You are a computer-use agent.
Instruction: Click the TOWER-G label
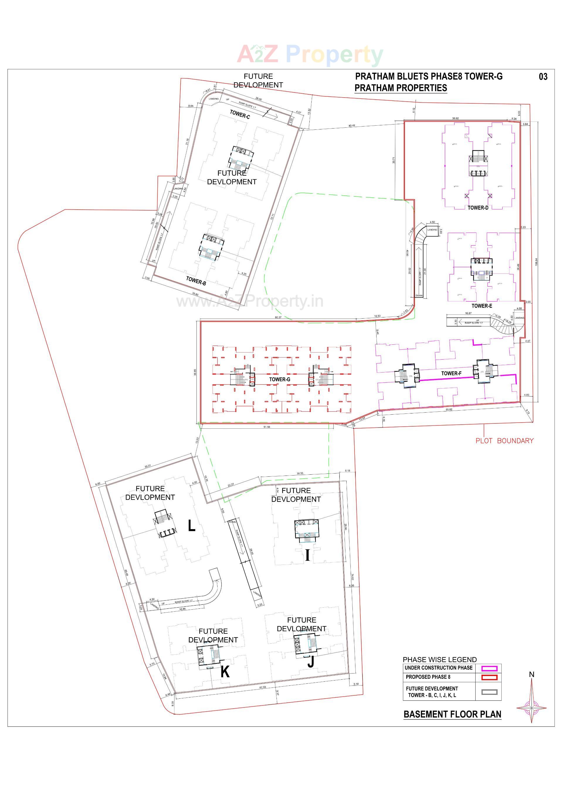[279, 379]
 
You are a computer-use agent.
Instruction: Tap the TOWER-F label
[451, 373]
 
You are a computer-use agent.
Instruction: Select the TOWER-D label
[478, 208]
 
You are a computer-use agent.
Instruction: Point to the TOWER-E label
[481, 306]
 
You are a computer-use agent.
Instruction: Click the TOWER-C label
[240, 114]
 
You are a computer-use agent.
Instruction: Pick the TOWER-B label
[196, 281]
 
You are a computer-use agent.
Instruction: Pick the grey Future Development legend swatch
[489, 692]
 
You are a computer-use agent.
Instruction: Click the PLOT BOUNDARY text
[504, 441]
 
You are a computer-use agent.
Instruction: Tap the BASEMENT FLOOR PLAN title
[452, 714]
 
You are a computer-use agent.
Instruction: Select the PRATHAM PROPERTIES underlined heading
[401, 88]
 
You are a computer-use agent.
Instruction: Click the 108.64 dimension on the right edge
[536, 262]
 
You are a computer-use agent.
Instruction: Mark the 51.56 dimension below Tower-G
[266, 427]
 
